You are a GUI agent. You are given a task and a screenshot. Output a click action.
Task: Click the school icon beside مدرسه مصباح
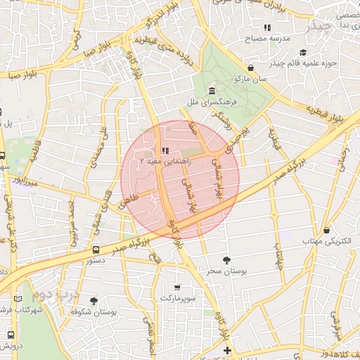coord(267,27)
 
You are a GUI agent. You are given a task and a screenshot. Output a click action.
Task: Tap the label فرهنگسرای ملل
coord(211,103)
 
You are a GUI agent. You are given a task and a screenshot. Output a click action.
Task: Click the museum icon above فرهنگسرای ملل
coord(212,91)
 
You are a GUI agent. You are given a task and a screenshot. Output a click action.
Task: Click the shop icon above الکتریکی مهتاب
coord(328,230)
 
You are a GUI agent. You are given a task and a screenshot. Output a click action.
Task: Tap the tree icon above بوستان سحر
coord(226,259)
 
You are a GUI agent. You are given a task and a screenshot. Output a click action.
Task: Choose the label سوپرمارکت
coord(176,299)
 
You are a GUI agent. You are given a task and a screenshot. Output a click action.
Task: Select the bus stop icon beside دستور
coord(96,249)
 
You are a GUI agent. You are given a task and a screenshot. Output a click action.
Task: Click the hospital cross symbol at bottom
coord(226,349)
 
